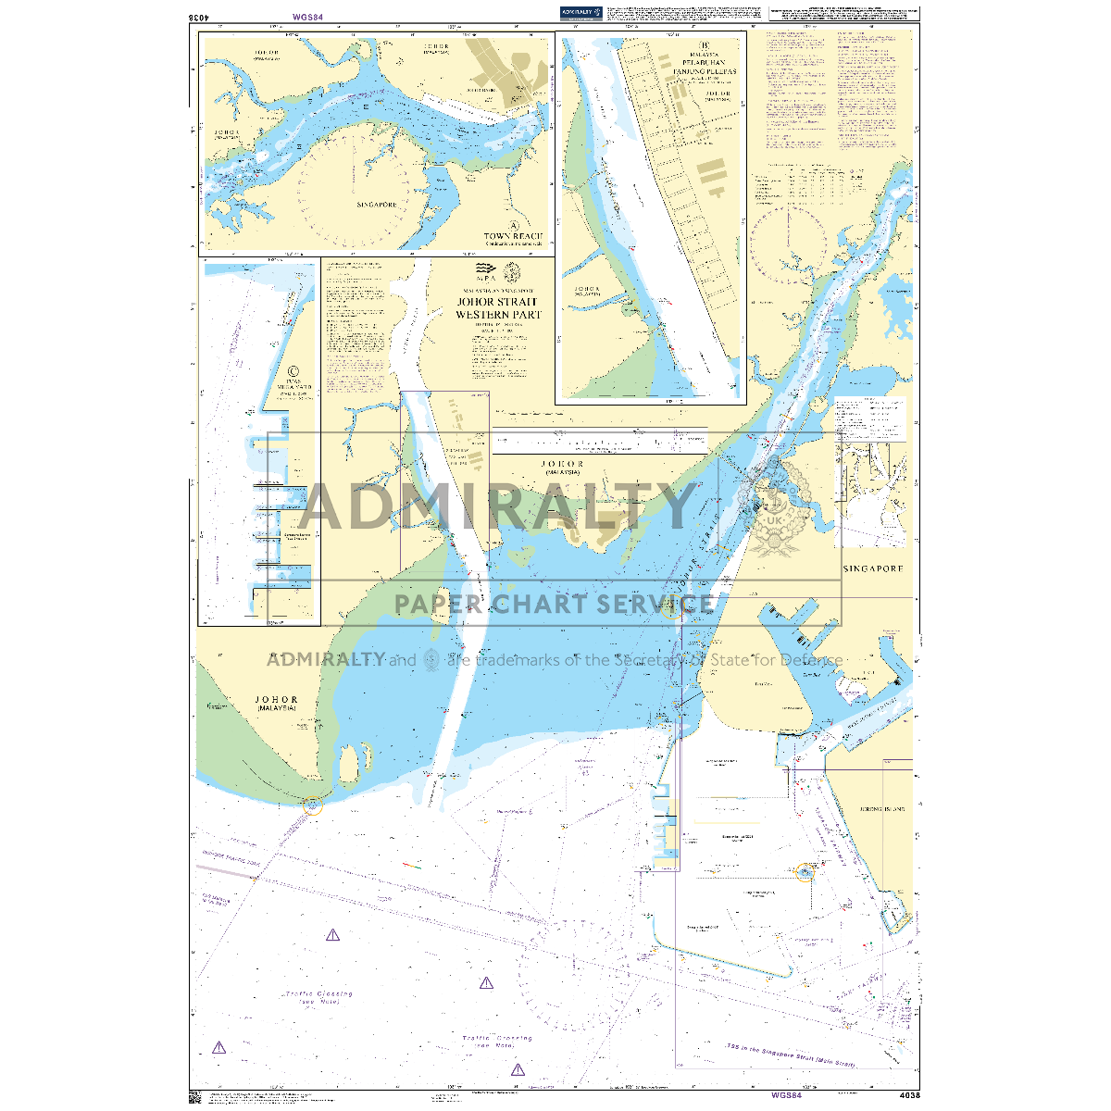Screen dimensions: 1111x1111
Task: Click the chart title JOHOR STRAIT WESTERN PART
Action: click(498, 308)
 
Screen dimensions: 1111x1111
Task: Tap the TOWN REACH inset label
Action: click(513, 237)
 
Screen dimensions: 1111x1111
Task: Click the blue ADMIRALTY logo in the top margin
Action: click(580, 13)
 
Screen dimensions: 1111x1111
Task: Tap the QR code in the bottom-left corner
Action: click(195, 1096)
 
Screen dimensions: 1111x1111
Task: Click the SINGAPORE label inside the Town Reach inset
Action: click(376, 205)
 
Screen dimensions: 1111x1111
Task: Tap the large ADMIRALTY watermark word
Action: click(497, 506)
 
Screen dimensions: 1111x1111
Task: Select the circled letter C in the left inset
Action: click(294, 367)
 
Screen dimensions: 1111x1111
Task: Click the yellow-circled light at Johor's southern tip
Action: click(313, 805)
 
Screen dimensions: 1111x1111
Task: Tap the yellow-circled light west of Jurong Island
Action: click(805, 871)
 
